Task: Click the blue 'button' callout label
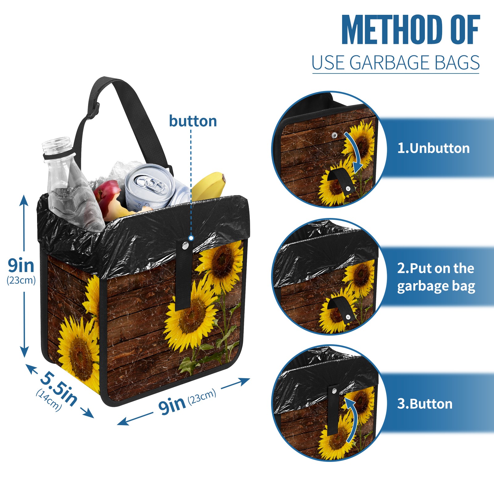(193, 121)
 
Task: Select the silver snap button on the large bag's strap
(186, 245)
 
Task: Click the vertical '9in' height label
(21, 265)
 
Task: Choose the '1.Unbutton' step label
(433, 148)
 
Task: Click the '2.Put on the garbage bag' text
(436, 277)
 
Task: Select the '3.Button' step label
(425, 404)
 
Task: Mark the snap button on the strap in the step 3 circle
(334, 391)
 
